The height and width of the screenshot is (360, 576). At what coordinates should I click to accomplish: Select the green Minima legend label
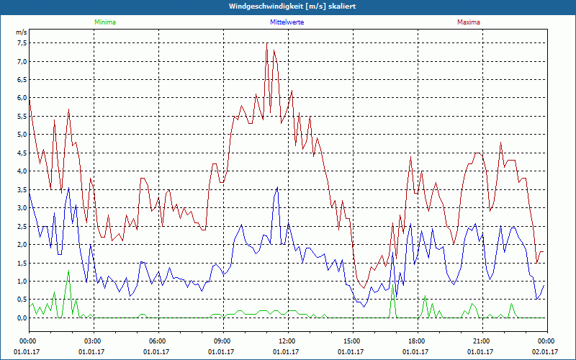tap(104, 22)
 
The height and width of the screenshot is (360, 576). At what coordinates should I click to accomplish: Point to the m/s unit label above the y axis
tap(21, 33)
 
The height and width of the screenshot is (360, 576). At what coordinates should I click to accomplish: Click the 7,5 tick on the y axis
tap(22, 43)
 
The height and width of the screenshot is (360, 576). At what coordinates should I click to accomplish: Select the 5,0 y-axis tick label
tap(22, 135)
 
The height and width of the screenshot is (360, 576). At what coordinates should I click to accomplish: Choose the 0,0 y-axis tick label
tap(22, 318)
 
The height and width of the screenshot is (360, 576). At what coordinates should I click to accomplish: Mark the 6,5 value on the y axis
tap(22, 80)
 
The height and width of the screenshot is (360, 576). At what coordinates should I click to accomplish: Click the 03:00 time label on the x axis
tap(92, 341)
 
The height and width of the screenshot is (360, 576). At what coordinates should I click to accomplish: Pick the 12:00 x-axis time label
tap(287, 341)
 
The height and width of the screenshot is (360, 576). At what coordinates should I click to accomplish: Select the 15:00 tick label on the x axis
tap(351, 341)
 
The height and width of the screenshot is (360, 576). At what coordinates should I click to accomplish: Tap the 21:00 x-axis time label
tap(481, 341)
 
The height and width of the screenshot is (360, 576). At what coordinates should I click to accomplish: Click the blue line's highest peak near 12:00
tap(277, 187)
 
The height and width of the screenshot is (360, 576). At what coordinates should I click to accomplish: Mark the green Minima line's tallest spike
tap(68, 271)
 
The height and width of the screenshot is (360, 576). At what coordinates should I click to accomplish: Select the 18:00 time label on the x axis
tap(416, 341)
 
